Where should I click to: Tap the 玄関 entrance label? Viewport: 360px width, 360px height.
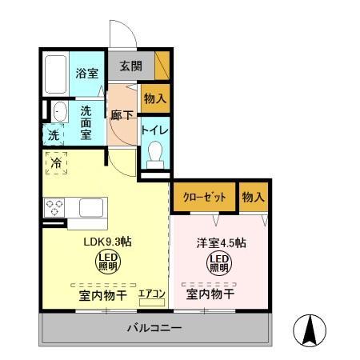coord(130,66)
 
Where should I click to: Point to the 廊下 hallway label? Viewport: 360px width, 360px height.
coord(122,115)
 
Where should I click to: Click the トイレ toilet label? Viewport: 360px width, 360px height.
coord(154,128)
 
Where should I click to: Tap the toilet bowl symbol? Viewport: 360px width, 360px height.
coord(155,153)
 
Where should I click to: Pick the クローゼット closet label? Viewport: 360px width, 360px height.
coord(204,197)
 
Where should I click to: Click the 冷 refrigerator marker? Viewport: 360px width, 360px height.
coord(56,162)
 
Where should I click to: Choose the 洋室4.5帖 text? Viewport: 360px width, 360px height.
coord(221,242)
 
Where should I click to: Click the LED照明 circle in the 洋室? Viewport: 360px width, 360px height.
coord(218,262)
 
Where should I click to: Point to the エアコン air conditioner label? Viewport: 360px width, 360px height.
coord(151,294)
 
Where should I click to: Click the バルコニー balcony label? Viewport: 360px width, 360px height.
coord(154,328)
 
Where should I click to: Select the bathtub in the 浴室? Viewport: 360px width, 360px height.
coord(54,74)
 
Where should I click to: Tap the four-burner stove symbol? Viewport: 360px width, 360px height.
coord(54,207)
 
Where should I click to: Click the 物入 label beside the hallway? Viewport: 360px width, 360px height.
coord(155,99)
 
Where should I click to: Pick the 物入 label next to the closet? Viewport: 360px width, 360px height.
coord(254,197)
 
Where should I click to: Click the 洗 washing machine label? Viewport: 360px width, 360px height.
coord(53,135)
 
